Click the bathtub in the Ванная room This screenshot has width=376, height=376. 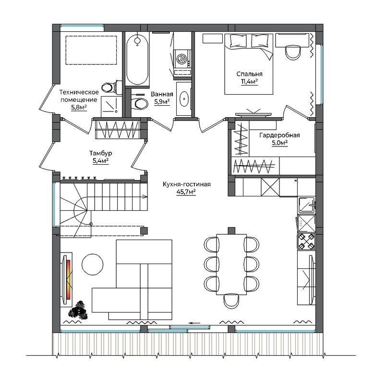(137, 59)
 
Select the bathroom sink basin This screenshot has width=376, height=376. (184, 98)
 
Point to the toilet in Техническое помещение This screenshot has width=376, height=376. (112, 87)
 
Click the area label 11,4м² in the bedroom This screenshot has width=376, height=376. (249, 82)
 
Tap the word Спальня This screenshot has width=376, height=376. (249, 74)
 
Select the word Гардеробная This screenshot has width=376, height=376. (279, 135)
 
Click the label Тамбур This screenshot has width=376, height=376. (101, 153)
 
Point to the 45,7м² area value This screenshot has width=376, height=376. (186, 192)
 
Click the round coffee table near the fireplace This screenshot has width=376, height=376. (93, 265)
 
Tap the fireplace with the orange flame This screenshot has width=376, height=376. (66, 279)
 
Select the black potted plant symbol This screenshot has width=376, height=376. (78, 310)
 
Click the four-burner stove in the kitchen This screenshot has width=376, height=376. (306, 241)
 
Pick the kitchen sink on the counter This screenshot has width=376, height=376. (306, 205)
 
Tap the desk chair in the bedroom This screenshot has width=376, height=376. (293, 52)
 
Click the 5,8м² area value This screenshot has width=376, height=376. (79, 107)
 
